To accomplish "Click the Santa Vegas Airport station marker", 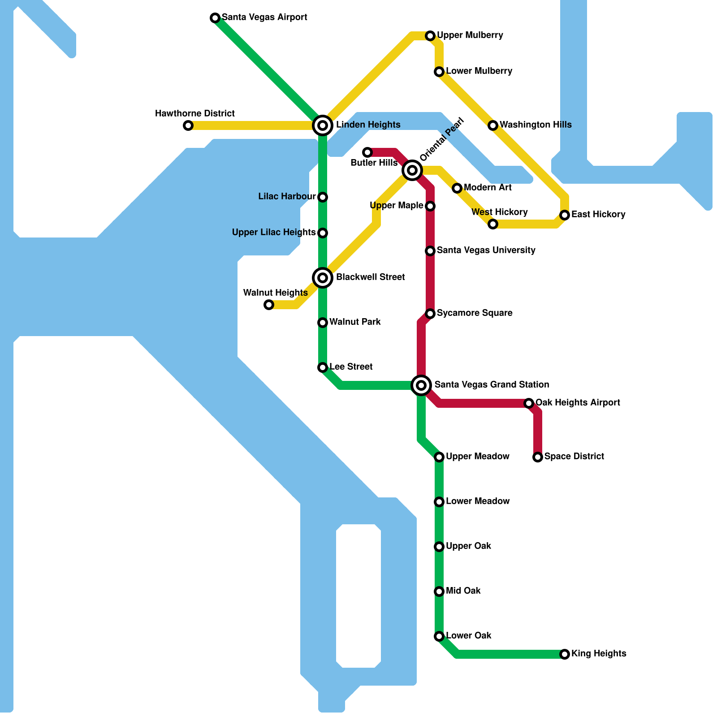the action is point(215,18).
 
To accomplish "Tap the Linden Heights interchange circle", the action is point(323,125).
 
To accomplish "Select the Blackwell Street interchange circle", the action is point(323,278).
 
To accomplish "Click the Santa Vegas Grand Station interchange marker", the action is point(421,385).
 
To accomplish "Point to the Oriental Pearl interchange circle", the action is point(412,170).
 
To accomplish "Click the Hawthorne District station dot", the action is point(188,125).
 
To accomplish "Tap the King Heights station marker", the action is point(565,654).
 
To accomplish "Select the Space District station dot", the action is point(538,457).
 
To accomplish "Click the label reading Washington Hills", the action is point(536,125).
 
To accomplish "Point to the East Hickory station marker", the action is point(565,215).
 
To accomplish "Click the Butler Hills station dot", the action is point(367,152).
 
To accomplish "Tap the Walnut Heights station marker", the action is point(269,305).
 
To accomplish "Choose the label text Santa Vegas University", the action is point(486,251).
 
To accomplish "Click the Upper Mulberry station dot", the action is point(430,36).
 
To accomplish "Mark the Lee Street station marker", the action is point(323,367).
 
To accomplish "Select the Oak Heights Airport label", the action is point(578,403).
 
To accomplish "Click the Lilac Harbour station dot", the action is point(323,197).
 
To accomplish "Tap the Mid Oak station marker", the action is point(439,592).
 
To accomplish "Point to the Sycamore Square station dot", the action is point(430,314).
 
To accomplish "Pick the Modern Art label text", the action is point(488,188).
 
